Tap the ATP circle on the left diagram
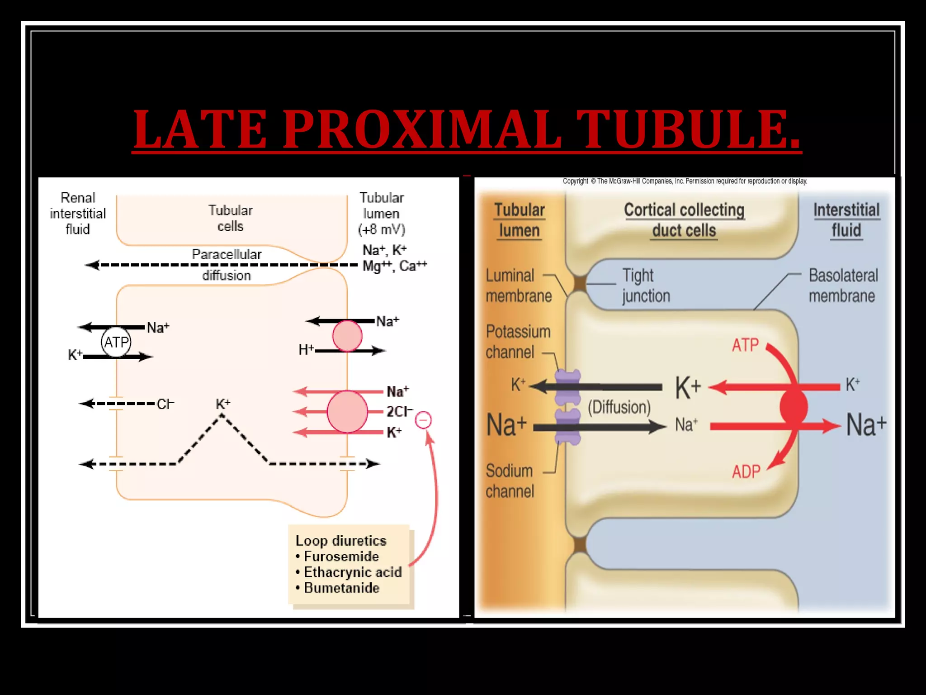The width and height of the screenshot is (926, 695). tap(116, 342)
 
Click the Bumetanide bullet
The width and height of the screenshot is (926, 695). tap(341, 588)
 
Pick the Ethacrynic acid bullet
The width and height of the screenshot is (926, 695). tap(352, 572)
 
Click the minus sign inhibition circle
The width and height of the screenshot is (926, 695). tap(423, 420)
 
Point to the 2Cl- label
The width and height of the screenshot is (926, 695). tap(399, 411)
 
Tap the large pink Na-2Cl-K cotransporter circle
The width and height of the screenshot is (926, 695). tap(347, 412)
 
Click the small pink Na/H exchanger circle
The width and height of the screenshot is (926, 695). tap(347, 336)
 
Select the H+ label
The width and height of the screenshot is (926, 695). tap(306, 350)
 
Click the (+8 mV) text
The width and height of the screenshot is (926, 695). tap(381, 229)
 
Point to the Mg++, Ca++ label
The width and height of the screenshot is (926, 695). tap(394, 266)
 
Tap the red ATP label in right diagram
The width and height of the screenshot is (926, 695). tap(745, 345)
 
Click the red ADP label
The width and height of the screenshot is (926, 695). tap(746, 472)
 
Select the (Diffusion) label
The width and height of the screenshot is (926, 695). tap(619, 407)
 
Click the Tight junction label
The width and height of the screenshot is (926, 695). tap(646, 286)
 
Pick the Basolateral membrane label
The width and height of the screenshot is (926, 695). tap(843, 286)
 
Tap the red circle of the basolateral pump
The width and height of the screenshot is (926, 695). tap(794, 407)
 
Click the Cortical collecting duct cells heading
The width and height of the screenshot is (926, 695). tap(684, 220)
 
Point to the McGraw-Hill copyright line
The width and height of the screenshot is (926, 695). tap(685, 181)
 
